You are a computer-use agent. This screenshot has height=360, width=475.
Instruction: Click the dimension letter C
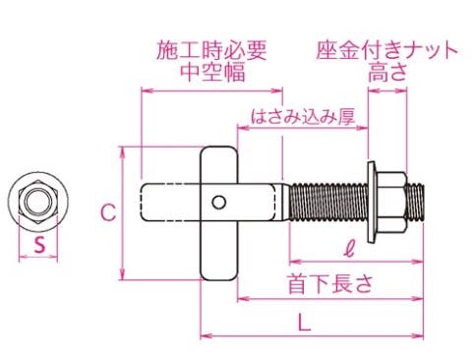(108, 212)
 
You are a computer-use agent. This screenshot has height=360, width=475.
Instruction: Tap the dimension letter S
(39, 245)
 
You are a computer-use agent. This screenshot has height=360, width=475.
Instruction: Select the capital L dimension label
(304, 322)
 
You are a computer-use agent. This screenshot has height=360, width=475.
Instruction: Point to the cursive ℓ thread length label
(350, 249)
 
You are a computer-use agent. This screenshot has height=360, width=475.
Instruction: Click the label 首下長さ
(330, 283)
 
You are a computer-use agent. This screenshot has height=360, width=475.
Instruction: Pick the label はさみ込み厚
(303, 116)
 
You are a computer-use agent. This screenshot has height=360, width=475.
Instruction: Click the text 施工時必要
(211, 50)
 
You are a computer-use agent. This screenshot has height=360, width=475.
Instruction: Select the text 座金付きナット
(386, 50)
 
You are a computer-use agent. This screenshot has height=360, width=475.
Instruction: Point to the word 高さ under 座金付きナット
(387, 72)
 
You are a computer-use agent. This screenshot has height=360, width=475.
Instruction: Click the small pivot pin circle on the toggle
(218, 203)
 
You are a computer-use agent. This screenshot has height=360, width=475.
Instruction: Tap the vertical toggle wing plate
(218, 213)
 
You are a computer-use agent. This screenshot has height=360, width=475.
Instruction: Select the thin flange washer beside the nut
(372, 203)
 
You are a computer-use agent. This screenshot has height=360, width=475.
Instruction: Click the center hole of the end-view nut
(38, 202)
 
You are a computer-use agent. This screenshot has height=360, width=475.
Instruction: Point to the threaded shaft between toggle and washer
(328, 203)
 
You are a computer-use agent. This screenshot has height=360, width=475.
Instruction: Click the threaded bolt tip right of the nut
(416, 203)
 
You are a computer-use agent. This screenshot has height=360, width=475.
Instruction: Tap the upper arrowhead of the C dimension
(123, 151)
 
